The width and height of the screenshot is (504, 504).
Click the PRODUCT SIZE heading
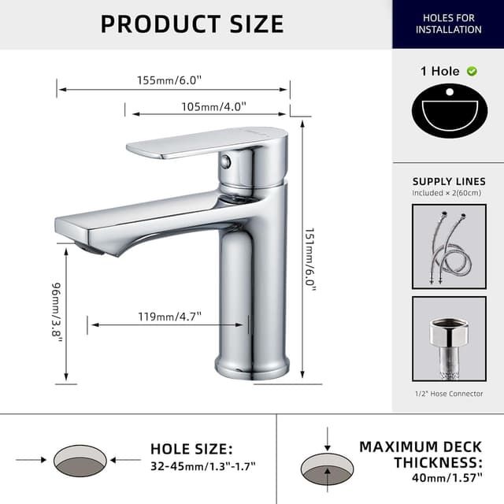click(x=192, y=24)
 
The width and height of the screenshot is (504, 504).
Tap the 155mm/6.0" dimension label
click(x=169, y=80)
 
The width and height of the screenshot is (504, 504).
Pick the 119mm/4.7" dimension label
click(x=169, y=317)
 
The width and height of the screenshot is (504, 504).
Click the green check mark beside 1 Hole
click(x=472, y=71)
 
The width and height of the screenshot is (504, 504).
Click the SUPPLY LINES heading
click(x=448, y=180)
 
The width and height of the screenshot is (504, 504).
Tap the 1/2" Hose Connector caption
click(x=449, y=394)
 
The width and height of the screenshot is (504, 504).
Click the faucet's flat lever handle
click(x=201, y=143)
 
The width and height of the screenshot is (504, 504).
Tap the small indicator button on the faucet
click(x=226, y=161)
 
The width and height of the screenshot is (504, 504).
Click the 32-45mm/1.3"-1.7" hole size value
click(x=202, y=466)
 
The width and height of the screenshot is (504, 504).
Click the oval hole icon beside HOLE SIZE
click(x=80, y=460)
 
